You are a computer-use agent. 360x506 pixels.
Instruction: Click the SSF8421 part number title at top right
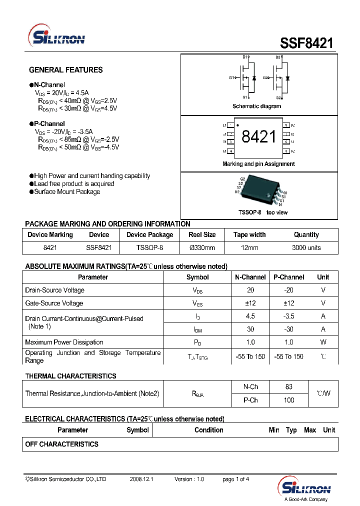tap(306, 43)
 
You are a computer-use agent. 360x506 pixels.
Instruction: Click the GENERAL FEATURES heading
tap(65, 70)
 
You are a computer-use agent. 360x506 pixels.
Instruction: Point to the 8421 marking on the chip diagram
tap(258, 137)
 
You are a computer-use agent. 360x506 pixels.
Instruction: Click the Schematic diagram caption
tap(256, 106)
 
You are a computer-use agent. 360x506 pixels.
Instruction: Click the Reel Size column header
tap(202, 235)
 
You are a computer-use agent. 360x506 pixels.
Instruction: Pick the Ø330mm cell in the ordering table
tap(202, 247)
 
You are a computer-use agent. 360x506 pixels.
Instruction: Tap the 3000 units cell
tap(306, 247)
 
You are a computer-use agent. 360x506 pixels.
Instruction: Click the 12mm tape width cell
tap(249, 247)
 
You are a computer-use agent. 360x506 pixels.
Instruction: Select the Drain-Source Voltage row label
tap(54, 290)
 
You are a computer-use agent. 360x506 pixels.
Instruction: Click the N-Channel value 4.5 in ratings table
tap(250, 316)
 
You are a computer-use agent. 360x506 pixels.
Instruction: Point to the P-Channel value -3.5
tap(288, 316)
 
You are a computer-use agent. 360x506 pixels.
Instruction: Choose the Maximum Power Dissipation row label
tap(64, 342)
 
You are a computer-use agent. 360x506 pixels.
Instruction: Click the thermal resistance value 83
tap(288, 387)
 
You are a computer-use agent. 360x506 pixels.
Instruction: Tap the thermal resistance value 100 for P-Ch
tap(288, 400)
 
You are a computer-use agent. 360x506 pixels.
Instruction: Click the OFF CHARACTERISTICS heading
tap(61, 444)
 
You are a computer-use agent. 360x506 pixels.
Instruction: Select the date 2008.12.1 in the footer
tap(141, 479)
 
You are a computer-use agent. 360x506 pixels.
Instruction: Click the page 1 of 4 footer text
tap(235, 479)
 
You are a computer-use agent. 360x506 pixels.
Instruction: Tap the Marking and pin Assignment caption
tap(258, 164)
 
